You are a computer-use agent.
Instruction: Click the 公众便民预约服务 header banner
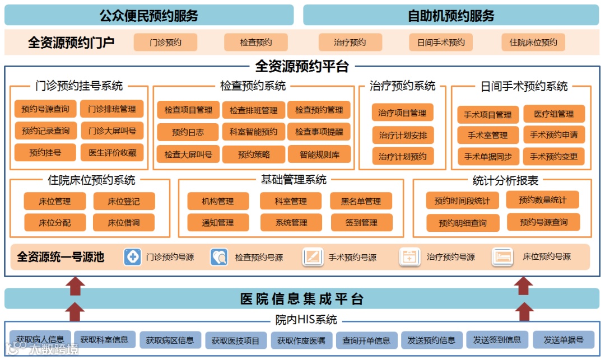(x=149, y=15)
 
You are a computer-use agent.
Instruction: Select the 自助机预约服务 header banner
(x=451, y=15)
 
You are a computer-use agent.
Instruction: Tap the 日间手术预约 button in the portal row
(x=441, y=43)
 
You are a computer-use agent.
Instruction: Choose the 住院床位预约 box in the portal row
(x=533, y=43)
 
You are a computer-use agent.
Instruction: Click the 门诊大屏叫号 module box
(x=112, y=131)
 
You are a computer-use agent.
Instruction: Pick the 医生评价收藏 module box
(x=112, y=152)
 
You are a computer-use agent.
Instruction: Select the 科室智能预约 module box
(x=253, y=132)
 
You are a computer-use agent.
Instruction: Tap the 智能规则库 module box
(x=319, y=154)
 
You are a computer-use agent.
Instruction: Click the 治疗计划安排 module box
(x=403, y=135)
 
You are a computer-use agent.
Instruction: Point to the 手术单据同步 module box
(x=488, y=156)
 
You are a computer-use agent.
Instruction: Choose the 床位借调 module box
(x=124, y=222)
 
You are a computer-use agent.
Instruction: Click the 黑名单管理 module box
(x=361, y=201)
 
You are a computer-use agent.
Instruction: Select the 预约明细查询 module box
(x=463, y=223)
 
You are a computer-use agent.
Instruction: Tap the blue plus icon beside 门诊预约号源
(x=133, y=257)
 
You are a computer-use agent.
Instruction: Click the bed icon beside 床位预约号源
(x=502, y=257)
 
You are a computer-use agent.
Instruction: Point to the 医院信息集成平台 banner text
(x=302, y=298)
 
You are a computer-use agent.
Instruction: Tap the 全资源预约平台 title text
(x=302, y=67)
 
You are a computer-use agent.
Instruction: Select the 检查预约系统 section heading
(x=253, y=86)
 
